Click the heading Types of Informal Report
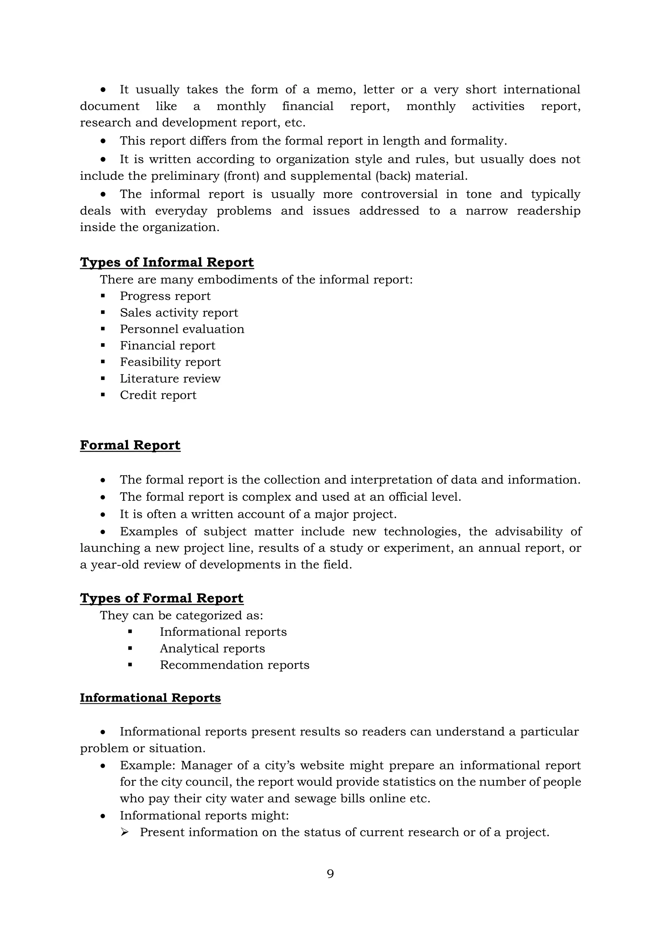[167, 262]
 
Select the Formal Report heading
[130, 445]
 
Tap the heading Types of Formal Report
[162, 598]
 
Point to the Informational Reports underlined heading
[150, 698]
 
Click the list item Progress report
[165, 296]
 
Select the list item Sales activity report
[179, 313]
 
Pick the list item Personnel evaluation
[182, 329]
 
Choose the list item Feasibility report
[170, 362]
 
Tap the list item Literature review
[170, 379]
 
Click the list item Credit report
[158, 395]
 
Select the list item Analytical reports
[212, 648]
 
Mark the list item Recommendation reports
[234, 665]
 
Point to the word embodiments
[243, 280]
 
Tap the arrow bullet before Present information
[125, 832]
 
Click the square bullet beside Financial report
[103, 346]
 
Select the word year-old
[109, 565]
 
